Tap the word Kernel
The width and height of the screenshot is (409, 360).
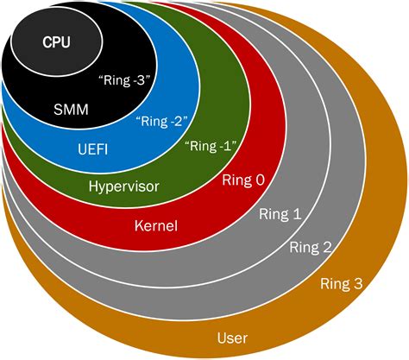pos(155,227)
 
